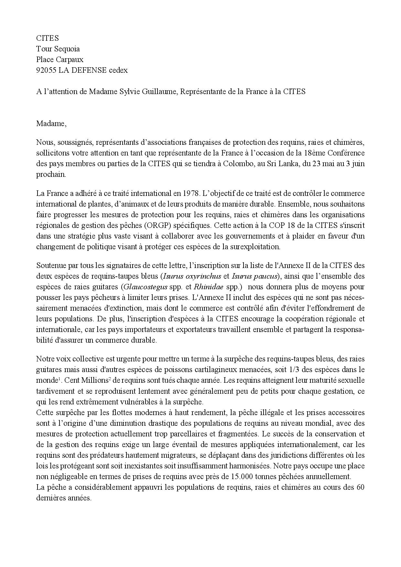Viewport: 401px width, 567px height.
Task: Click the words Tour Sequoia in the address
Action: [x=58, y=49]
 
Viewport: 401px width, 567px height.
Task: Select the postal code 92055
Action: [x=46, y=70]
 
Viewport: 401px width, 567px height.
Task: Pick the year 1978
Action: [x=192, y=193]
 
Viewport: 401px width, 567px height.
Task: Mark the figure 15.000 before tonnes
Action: [x=243, y=476]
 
